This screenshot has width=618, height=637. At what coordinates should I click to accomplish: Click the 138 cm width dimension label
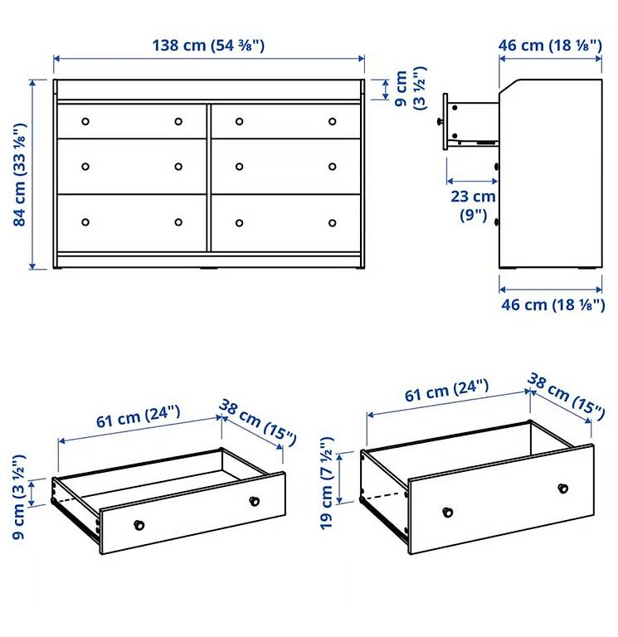(x=208, y=45)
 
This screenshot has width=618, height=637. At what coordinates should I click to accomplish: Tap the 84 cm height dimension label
(x=20, y=175)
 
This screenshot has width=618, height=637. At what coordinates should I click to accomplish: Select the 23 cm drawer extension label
(x=474, y=206)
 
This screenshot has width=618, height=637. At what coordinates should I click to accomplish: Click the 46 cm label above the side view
(x=550, y=45)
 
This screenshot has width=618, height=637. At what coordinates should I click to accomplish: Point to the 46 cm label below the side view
(x=553, y=304)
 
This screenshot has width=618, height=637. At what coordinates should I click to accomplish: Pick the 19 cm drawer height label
(x=327, y=483)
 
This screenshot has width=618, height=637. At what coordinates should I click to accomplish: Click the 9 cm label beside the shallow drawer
(x=19, y=498)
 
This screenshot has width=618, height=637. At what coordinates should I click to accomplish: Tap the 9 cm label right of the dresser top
(x=411, y=88)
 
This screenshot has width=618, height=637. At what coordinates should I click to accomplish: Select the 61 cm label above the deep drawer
(x=446, y=391)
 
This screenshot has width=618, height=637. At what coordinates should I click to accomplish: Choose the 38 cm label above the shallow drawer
(x=258, y=422)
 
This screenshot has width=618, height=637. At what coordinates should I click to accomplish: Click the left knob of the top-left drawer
(x=85, y=121)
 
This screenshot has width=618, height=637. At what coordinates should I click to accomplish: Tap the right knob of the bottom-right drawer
(x=333, y=223)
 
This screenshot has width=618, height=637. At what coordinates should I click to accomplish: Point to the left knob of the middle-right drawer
(x=239, y=167)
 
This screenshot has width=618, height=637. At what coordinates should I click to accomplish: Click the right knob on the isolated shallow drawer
(x=255, y=501)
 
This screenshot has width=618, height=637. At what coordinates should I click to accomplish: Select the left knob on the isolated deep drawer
(x=448, y=513)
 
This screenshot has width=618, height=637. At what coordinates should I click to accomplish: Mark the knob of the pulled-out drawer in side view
(x=440, y=121)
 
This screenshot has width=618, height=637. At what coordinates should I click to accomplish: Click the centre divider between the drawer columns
(x=209, y=177)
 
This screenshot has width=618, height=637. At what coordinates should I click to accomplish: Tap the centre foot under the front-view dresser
(x=208, y=269)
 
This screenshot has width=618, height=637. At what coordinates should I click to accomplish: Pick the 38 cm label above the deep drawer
(x=566, y=396)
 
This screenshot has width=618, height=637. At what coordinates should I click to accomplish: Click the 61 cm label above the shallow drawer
(x=139, y=417)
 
